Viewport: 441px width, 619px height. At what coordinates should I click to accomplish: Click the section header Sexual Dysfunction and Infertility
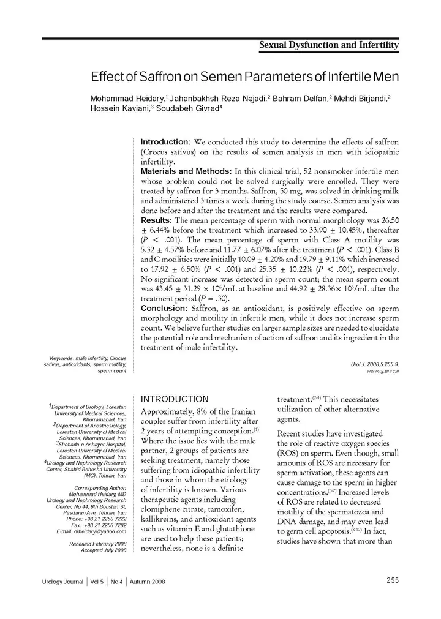click(329, 45)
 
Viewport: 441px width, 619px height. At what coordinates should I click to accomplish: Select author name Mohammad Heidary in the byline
click(127, 99)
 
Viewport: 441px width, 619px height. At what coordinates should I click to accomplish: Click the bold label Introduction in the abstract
click(164, 142)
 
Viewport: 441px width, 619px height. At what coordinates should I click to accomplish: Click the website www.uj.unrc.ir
click(382, 372)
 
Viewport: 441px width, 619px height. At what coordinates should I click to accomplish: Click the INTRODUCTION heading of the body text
click(175, 399)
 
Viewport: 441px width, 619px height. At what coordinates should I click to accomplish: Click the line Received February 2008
click(98, 544)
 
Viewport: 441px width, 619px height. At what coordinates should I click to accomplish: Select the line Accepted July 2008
click(104, 550)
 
